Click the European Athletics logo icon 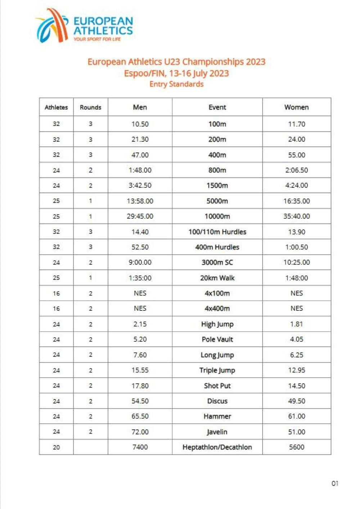52,26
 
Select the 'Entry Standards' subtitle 176,84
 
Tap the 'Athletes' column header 56,107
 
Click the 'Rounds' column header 90,107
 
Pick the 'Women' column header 296,107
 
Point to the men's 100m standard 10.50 140,124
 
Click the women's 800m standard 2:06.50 296,170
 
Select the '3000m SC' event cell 217,262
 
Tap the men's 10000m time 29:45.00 140,216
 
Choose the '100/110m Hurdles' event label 217,232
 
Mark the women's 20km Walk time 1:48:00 296,278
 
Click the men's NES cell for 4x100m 140,293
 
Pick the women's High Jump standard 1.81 296,324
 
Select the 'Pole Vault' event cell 217,339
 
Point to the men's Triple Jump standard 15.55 140,370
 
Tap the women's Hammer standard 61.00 296,416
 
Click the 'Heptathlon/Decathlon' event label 217,447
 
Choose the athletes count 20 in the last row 56,447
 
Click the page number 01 335,483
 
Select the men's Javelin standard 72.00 140,432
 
